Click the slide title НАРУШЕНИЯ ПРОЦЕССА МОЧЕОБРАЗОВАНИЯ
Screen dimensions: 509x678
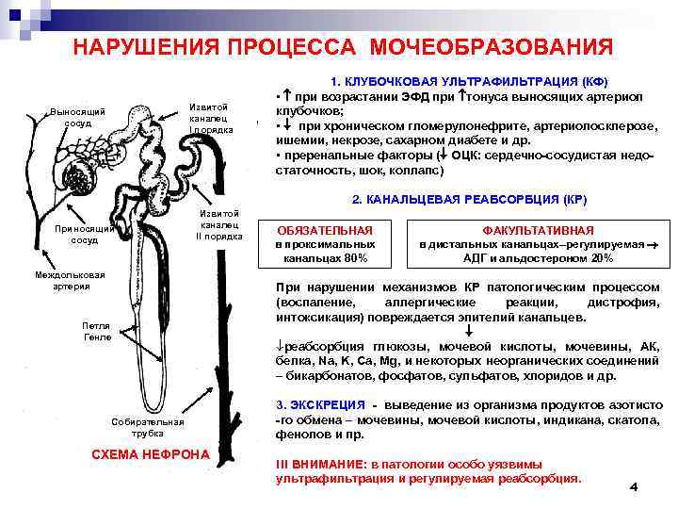[x=343, y=46]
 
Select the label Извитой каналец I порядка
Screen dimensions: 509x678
[x=210, y=118]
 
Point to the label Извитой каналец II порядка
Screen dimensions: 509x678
[x=218, y=224]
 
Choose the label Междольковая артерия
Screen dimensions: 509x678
[x=65, y=281]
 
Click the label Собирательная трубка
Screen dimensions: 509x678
[x=141, y=427]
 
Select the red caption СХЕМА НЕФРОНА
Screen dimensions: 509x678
[x=150, y=453]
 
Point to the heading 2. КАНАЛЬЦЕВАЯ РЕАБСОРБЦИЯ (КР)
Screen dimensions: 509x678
[x=469, y=201]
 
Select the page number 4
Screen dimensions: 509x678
[x=633, y=486]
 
